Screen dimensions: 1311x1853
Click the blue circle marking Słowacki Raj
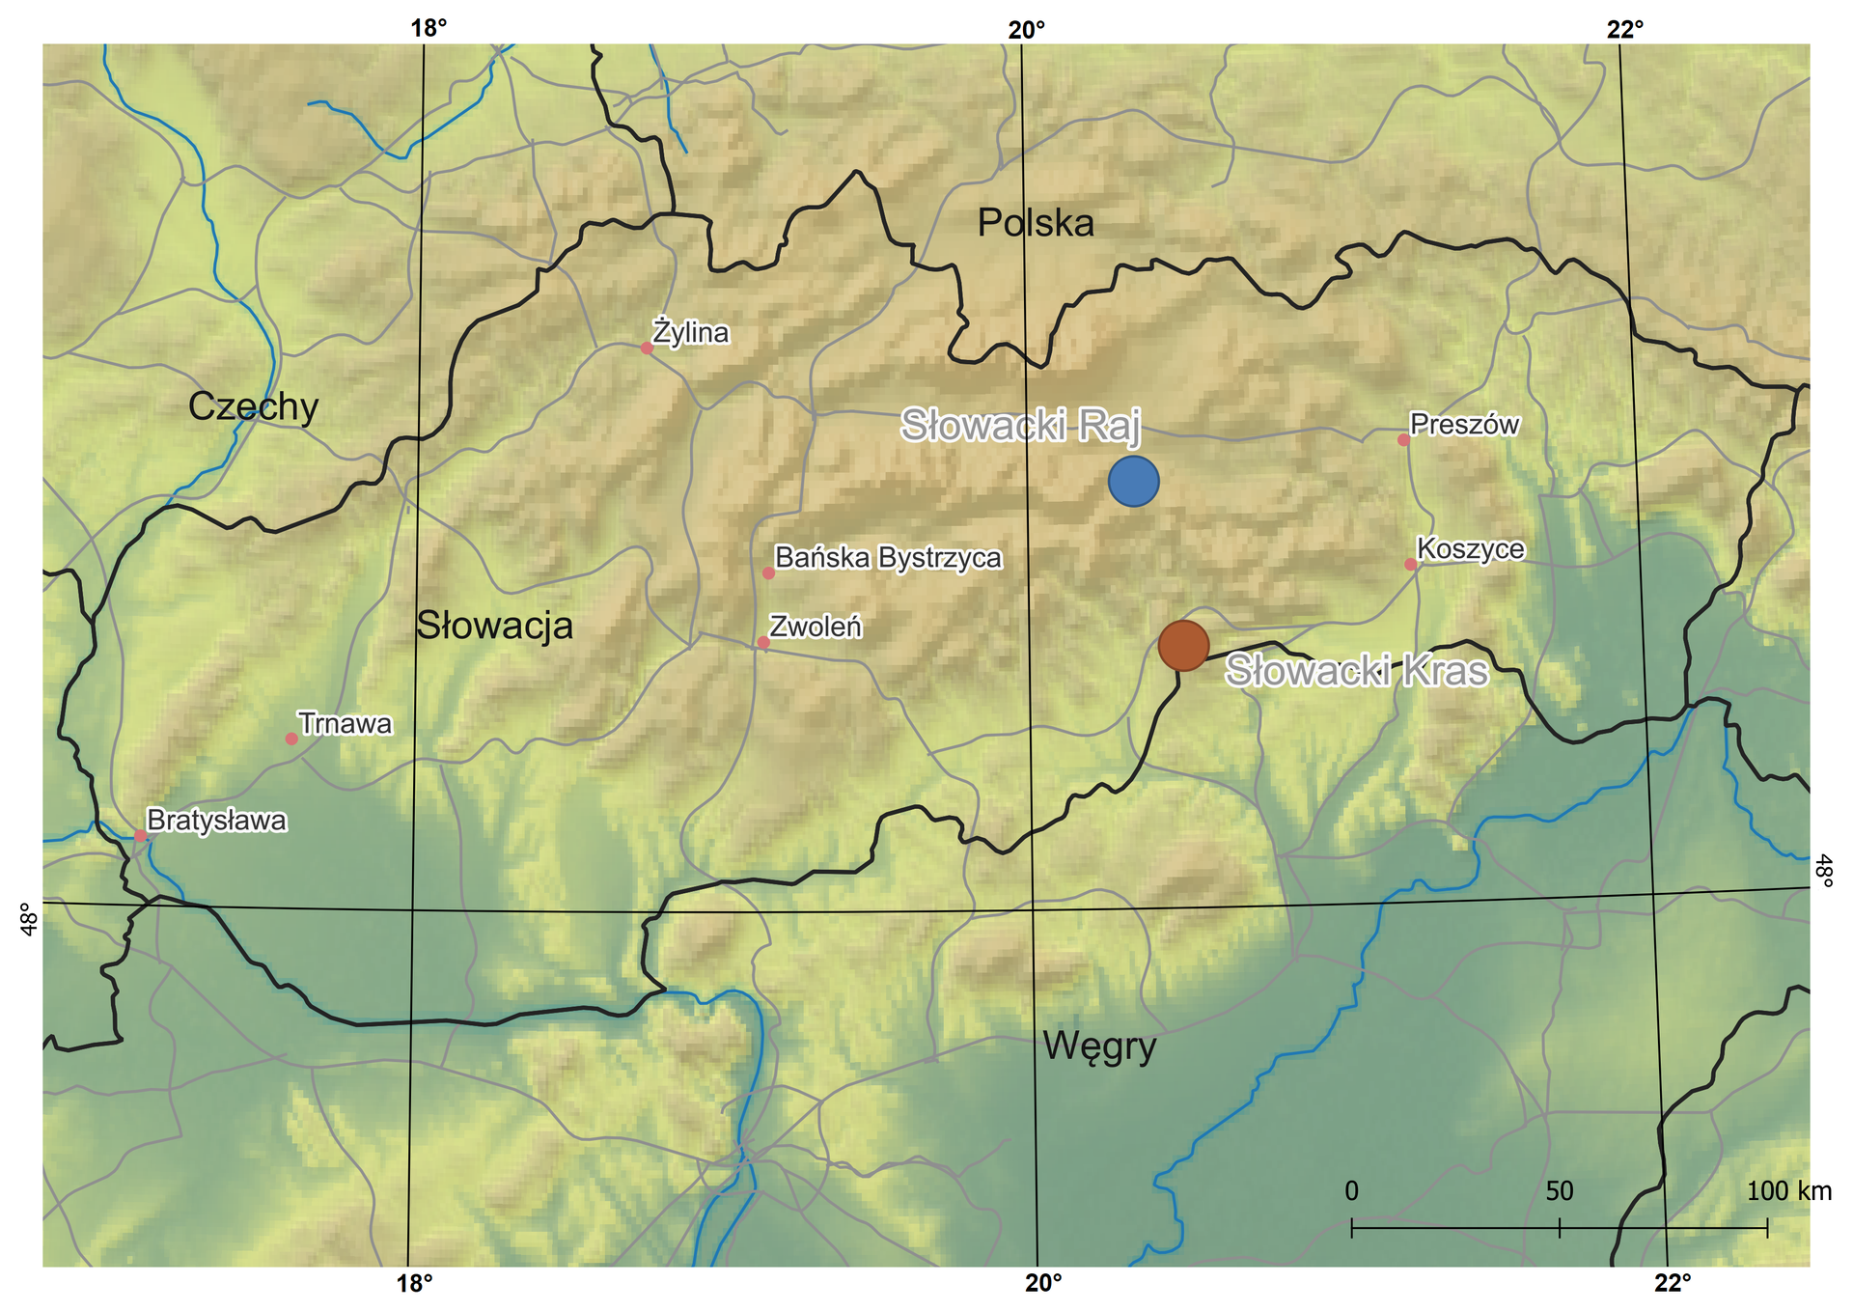coord(1133,482)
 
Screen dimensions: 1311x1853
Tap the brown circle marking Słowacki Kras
coord(1183,646)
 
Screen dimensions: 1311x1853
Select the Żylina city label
coord(691,333)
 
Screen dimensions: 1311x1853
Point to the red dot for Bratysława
coord(140,835)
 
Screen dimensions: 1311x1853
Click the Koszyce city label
coord(1471,549)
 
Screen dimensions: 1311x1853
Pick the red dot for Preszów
coord(1403,440)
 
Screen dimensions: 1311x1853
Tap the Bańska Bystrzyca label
coord(888,558)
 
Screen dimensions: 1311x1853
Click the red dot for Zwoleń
coord(763,642)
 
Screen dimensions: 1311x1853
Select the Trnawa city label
coord(345,724)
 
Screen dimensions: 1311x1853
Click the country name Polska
coord(1036,224)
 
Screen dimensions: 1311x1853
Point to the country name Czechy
coord(253,407)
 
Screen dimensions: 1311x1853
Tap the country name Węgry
coord(1099,1046)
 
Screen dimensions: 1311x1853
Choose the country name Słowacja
coord(494,627)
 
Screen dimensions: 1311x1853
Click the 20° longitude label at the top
coord(1027,29)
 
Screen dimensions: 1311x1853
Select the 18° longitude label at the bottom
coord(415,1284)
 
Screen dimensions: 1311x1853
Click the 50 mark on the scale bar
coord(1560,1191)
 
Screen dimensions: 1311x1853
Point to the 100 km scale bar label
coord(1788,1191)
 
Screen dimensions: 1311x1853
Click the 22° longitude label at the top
coord(1625,29)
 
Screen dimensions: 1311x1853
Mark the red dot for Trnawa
coord(291,739)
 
